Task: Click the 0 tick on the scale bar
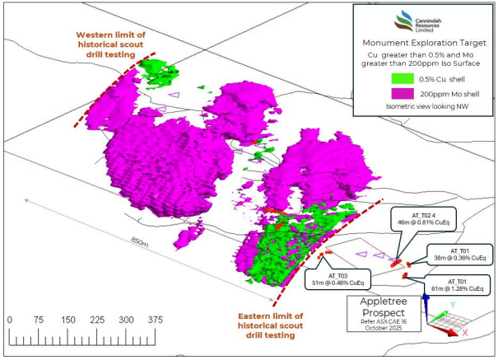coord(9,320)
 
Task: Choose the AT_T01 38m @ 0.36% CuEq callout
coord(458,254)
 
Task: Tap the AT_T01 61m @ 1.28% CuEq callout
coord(458,285)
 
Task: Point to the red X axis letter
coord(465,333)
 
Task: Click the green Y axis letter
coord(453,305)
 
